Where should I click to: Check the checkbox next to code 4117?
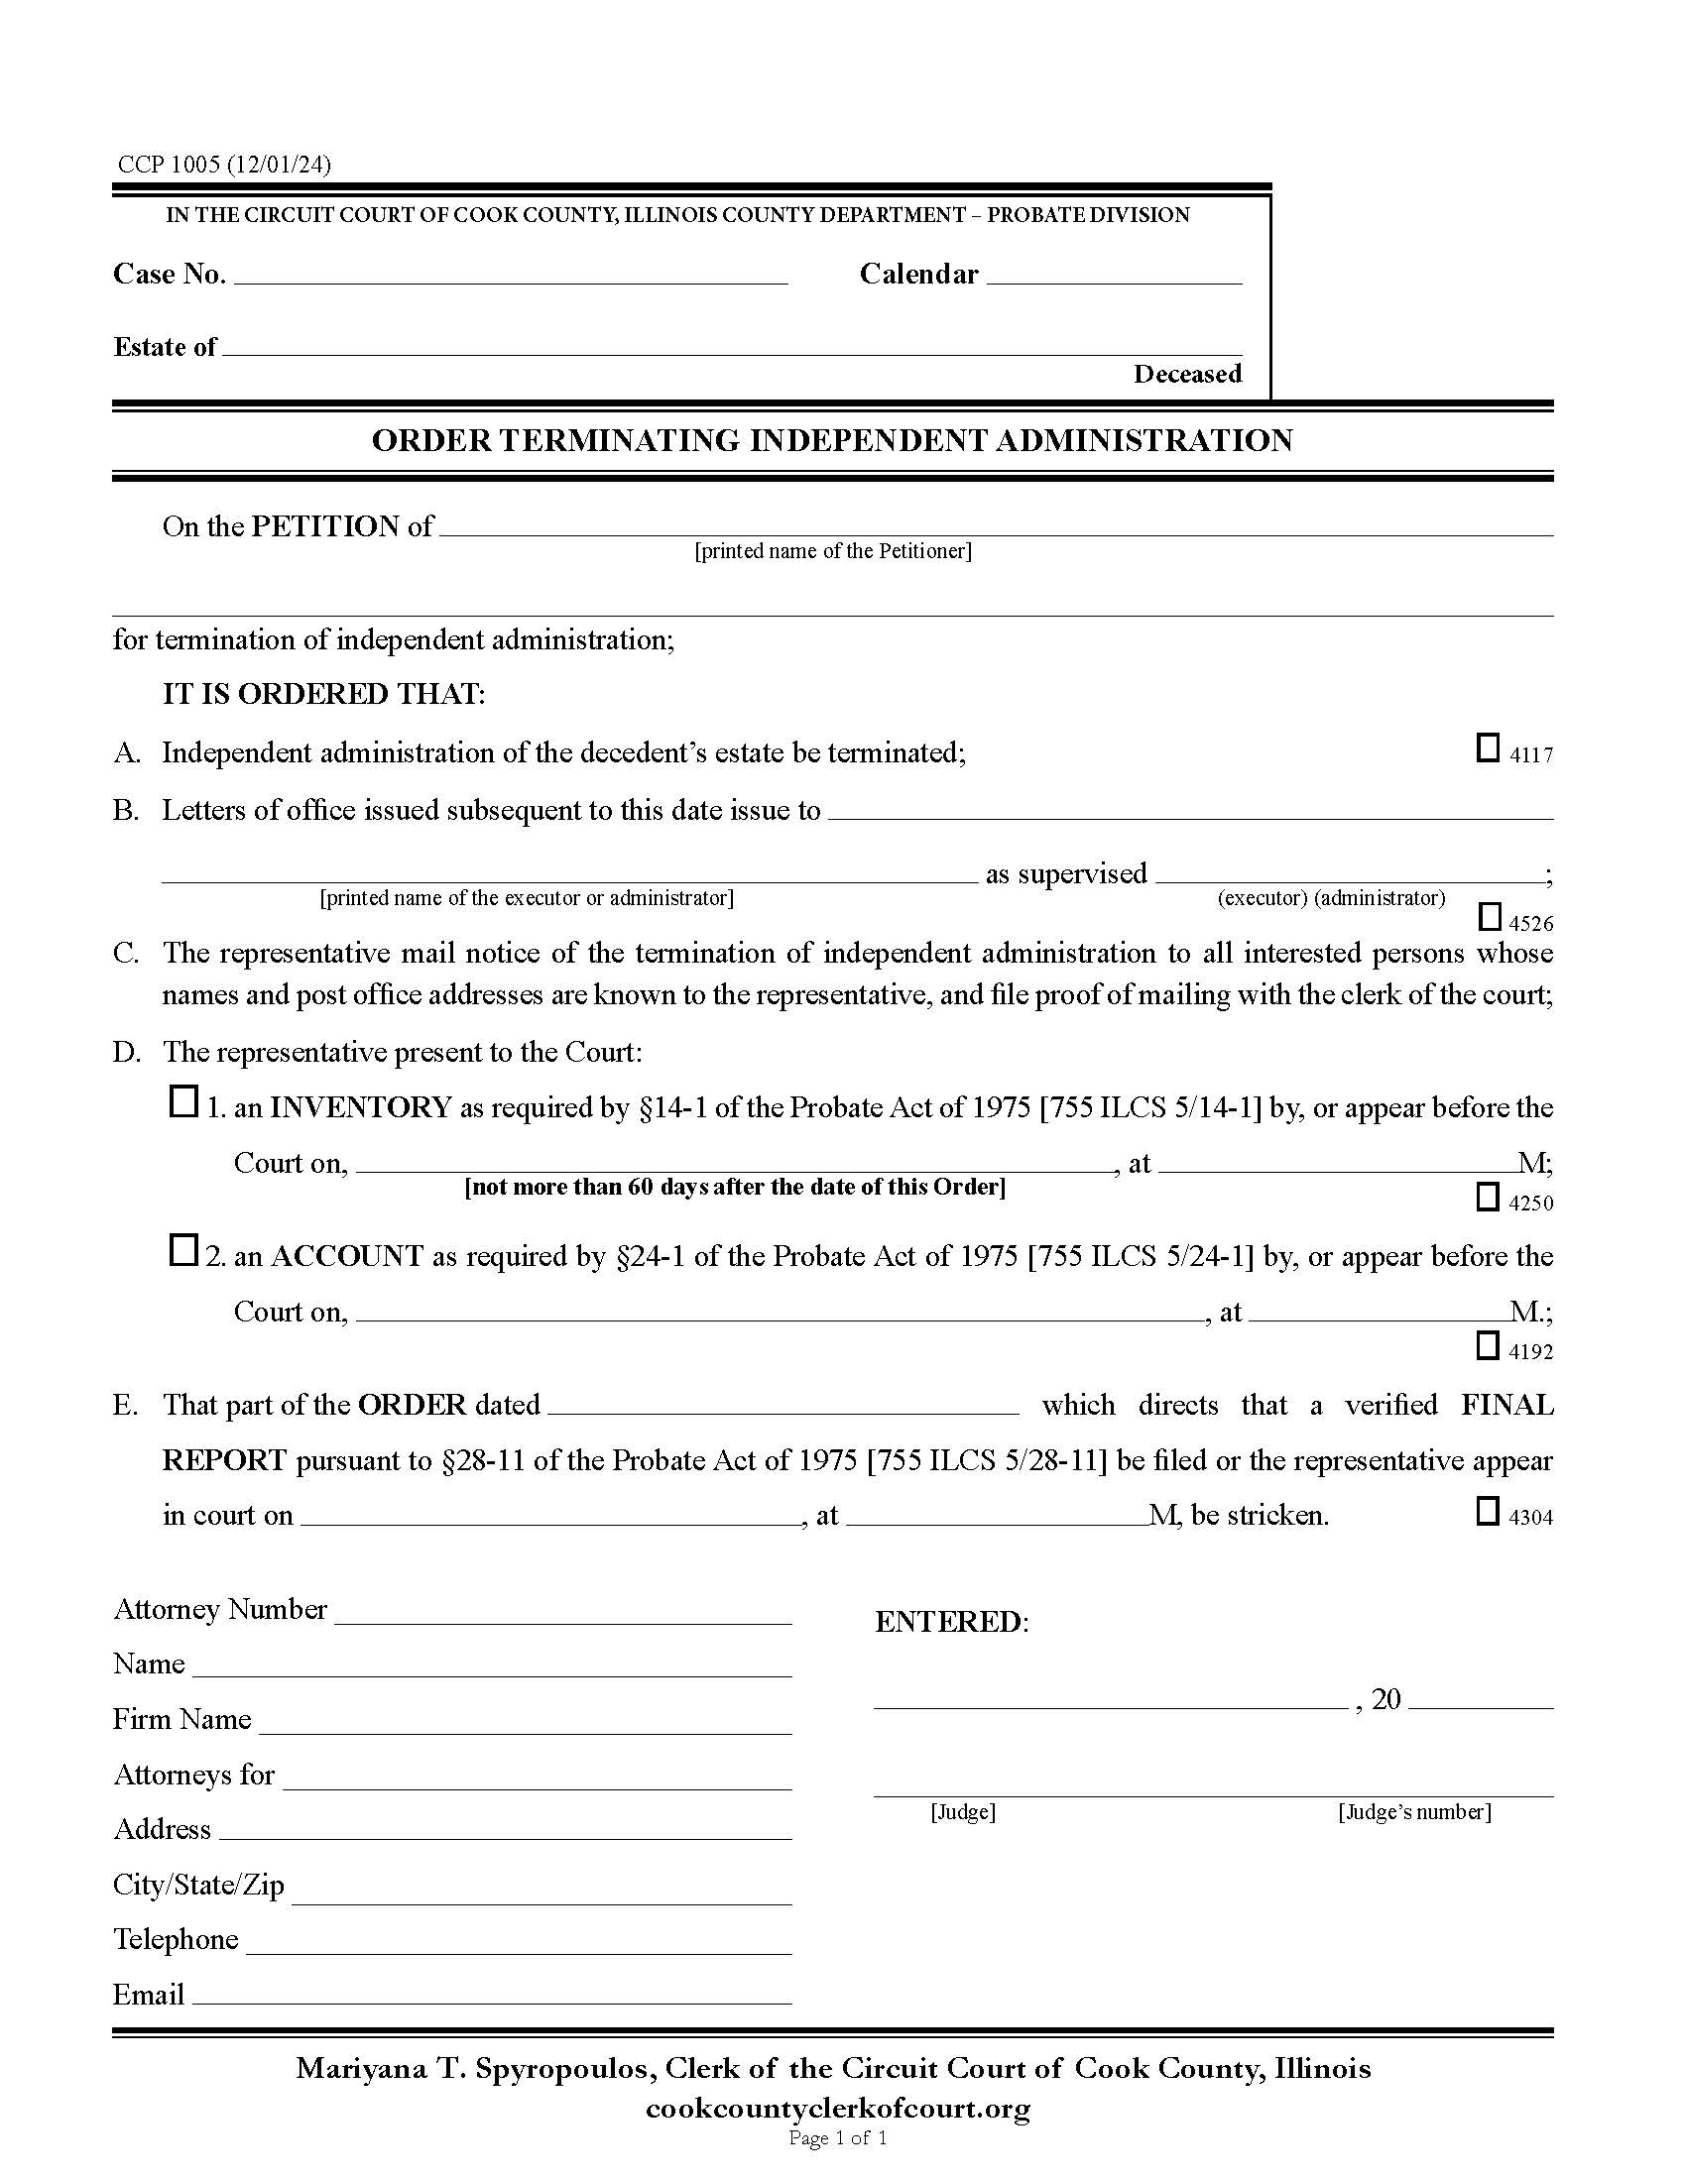1488,747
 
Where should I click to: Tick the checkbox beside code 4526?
1489,916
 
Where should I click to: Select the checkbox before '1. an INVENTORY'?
182,1102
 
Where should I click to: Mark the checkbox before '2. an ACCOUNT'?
182,1250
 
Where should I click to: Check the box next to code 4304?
1488,1511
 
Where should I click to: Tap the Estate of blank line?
731,348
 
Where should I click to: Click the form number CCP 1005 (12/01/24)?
224,165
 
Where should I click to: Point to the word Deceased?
1186,375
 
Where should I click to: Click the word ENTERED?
950,1622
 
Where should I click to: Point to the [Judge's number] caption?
1414,1812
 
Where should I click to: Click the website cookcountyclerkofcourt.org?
838,2108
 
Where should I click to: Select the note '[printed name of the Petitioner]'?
833,551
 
